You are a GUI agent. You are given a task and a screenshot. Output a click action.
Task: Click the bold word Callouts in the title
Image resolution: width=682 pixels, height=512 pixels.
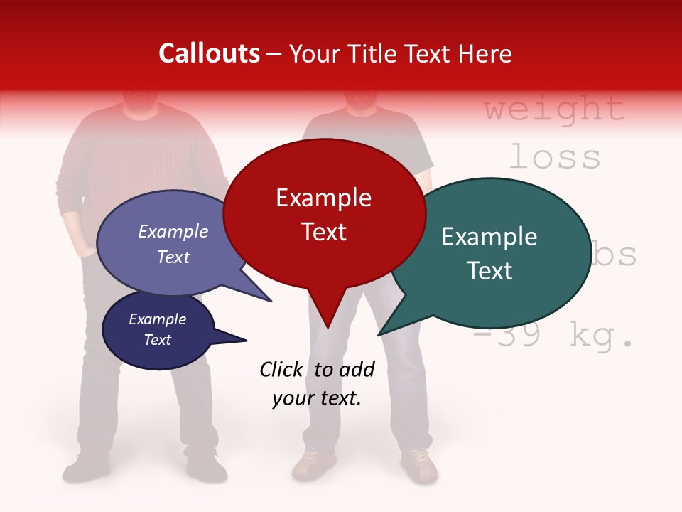click(x=209, y=53)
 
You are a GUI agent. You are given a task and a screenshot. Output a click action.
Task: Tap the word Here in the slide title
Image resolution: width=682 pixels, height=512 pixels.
click(x=485, y=53)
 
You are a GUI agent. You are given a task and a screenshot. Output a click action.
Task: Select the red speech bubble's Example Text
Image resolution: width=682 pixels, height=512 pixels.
click(x=323, y=214)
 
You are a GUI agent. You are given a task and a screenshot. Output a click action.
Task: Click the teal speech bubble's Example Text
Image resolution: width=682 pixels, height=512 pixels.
click(x=489, y=253)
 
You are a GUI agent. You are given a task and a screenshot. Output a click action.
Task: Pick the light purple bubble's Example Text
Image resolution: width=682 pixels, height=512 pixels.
click(x=173, y=244)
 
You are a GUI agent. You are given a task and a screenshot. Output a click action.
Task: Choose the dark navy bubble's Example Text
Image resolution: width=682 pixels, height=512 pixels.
click(x=157, y=329)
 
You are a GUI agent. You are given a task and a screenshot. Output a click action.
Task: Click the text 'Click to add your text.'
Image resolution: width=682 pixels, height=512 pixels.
click(x=317, y=384)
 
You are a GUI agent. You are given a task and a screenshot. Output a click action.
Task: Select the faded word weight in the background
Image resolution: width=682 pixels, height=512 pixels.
click(x=554, y=109)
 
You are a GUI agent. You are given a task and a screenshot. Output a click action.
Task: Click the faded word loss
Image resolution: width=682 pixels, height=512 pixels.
click(x=554, y=156)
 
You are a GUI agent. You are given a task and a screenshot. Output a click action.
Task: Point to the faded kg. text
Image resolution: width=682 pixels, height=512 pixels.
click(x=600, y=336)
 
